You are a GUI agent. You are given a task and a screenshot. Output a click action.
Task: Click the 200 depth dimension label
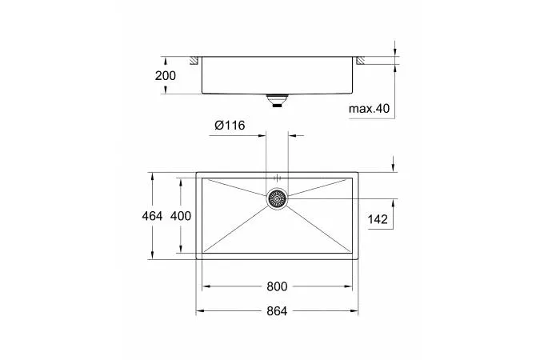166,75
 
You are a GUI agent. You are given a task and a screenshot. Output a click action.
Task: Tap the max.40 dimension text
369,108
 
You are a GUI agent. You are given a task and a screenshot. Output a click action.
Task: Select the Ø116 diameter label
229,126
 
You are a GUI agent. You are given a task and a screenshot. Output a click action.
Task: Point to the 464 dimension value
152,216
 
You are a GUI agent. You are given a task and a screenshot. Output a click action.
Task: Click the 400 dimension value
182,216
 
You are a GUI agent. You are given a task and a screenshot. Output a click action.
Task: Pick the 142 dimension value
378,218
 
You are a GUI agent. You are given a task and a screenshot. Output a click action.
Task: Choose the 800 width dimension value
277,286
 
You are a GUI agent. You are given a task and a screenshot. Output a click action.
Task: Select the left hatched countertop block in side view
193,61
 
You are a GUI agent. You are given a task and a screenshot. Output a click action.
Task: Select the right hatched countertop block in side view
361,61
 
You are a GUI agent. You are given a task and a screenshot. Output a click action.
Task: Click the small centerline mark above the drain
277,177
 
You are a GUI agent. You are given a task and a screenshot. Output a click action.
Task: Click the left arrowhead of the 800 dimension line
203,286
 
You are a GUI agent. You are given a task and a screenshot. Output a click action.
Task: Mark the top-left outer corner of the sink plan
197,172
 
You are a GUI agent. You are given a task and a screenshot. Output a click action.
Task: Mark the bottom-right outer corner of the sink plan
358,259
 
